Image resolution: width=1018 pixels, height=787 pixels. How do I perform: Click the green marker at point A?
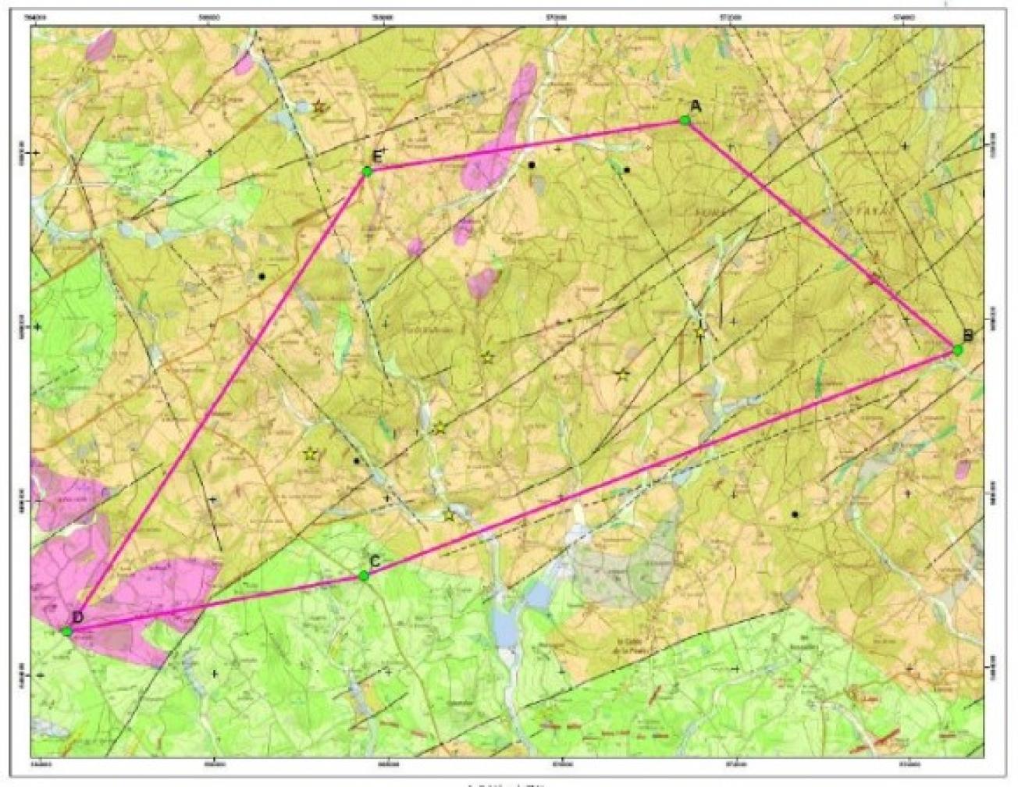pyautogui.click(x=684, y=120)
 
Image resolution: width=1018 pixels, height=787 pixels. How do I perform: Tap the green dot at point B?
pyautogui.click(x=957, y=351)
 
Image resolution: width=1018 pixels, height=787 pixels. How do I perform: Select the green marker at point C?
pyautogui.click(x=364, y=576)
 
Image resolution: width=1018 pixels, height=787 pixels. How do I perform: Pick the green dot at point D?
pyautogui.click(x=67, y=630)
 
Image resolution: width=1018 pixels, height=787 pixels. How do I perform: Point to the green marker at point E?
pyautogui.click(x=365, y=171)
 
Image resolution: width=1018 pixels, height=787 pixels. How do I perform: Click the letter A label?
pyautogui.click(x=696, y=107)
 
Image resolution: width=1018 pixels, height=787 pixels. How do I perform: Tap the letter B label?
pyautogui.click(x=967, y=336)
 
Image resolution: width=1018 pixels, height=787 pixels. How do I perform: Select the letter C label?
pyautogui.click(x=375, y=561)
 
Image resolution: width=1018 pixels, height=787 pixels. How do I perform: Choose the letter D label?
pyautogui.click(x=77, y=617)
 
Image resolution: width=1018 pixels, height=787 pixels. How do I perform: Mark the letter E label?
pyautogui.click(x=376, y=157)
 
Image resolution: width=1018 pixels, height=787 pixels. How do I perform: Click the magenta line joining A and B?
pyautogui.click(x=820, y=234)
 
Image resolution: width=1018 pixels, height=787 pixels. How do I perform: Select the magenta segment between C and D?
pyautogui.click(x=219, y=602)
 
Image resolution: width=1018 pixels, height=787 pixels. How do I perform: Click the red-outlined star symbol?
pyautogui.click(x=319, y=106)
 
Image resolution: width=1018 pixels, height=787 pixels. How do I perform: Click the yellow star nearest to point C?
pyautogui.click(x=450, y=515)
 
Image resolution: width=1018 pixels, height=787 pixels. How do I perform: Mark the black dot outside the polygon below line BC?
pyautogui.click(x=795, y=515)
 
